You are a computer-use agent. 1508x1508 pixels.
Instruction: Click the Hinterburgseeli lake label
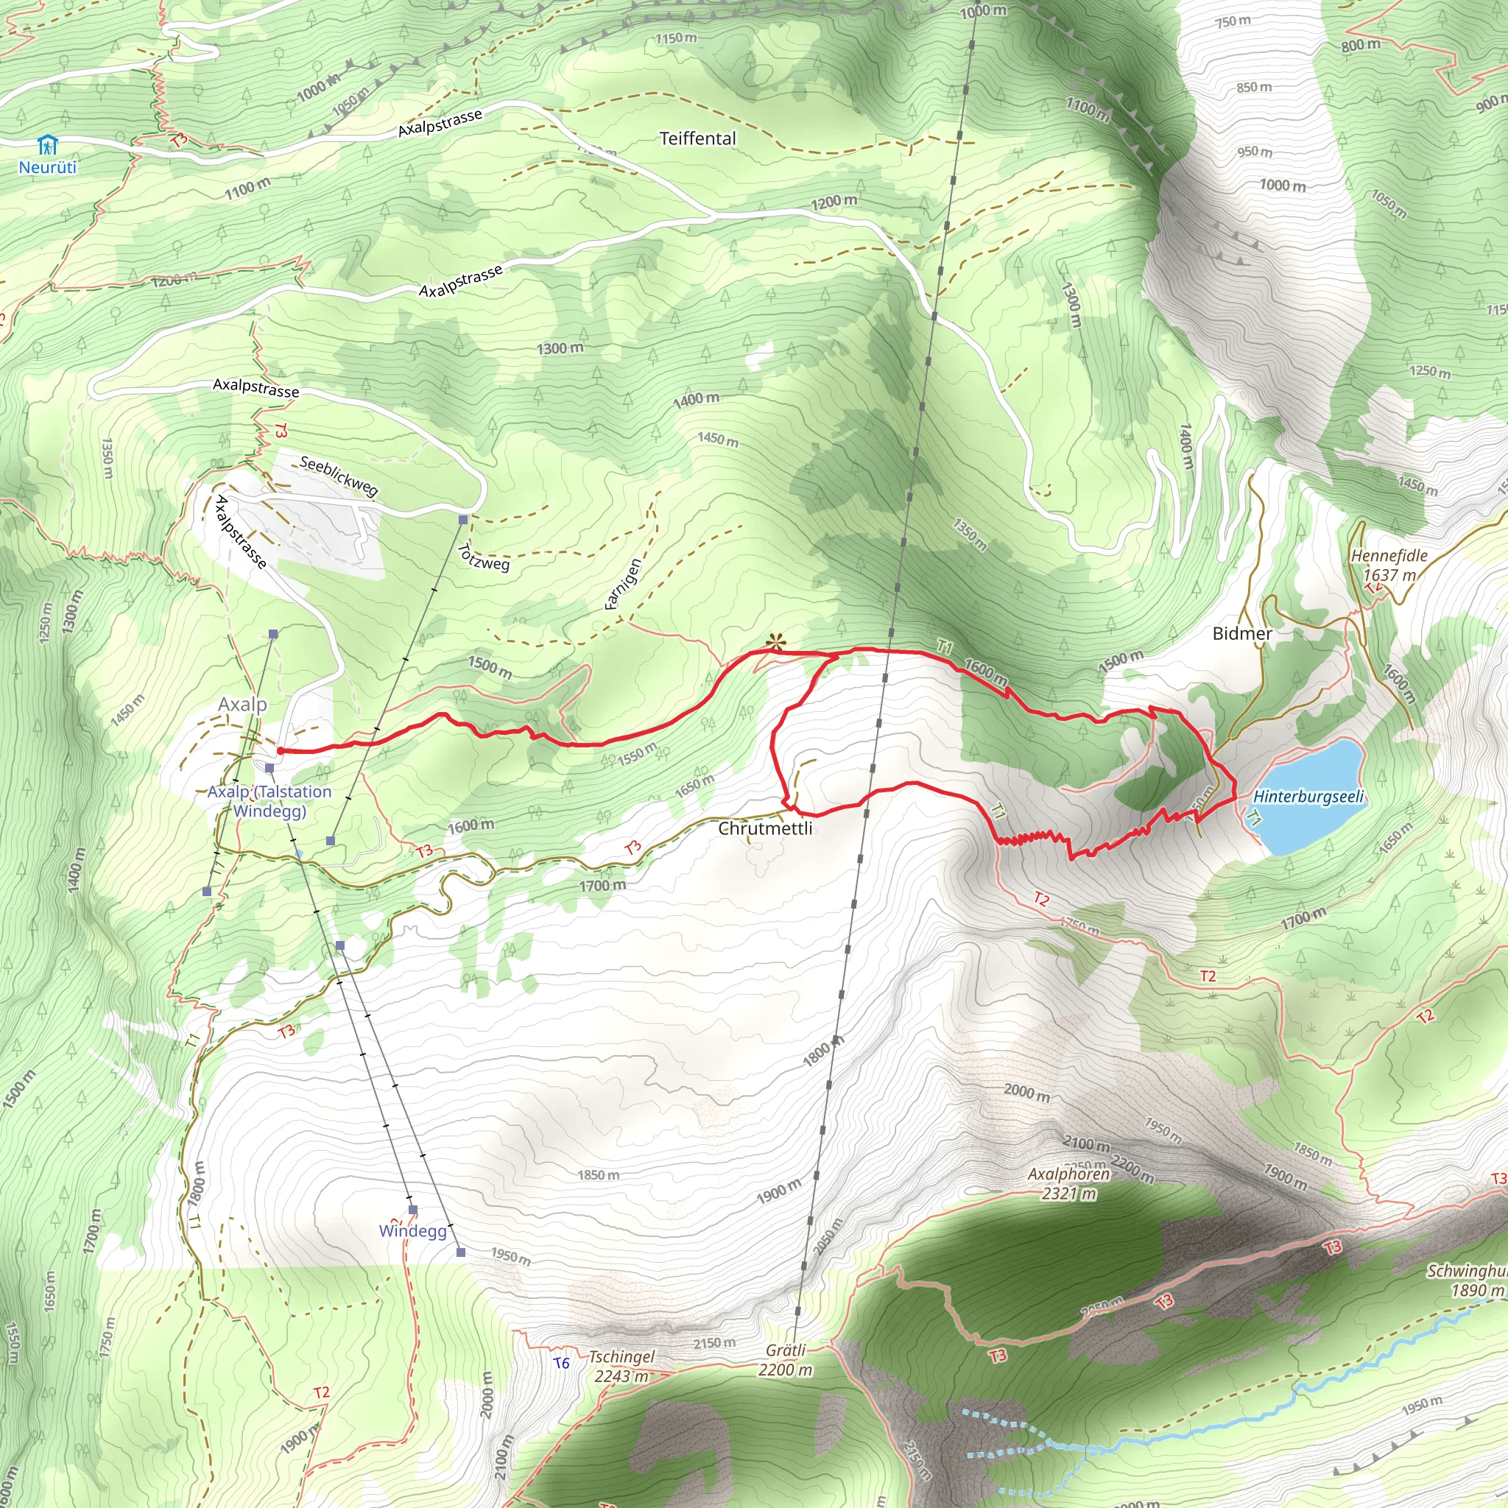click(x=1308, y=797)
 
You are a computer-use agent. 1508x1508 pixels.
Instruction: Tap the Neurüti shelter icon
click(x=48, y=145)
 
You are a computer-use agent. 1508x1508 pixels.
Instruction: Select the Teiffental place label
click(x=697, y=138)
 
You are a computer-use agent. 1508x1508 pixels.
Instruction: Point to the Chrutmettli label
click(x=765, y=828)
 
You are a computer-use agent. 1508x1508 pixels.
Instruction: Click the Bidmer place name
click(x=1242, y=633)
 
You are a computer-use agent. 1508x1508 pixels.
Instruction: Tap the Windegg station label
click(x=412, y=1231)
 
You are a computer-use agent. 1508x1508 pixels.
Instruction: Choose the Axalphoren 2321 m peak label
click(x=1068, y=1183)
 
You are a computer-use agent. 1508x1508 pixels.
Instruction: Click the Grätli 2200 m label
click(x=785, y=1360)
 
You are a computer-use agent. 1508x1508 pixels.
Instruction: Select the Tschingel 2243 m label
click(x=621, y=1366)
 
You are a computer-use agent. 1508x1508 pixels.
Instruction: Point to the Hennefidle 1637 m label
click(x=1389, y=565)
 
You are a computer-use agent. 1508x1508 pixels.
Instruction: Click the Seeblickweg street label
click(x=339, y=476)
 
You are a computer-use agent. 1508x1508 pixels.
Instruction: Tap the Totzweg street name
click(x=484, y=557)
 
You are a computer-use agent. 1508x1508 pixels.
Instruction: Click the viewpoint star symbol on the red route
click(x=775, y=642)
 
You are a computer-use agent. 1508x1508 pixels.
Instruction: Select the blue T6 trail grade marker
click(x=561, y=1363)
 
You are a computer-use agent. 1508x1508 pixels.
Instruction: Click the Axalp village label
click(x=242, y=704)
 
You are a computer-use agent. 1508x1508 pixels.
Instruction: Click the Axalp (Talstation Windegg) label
click(x=269, y=801)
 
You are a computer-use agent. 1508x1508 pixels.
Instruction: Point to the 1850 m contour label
click(x=599, y=1174)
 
